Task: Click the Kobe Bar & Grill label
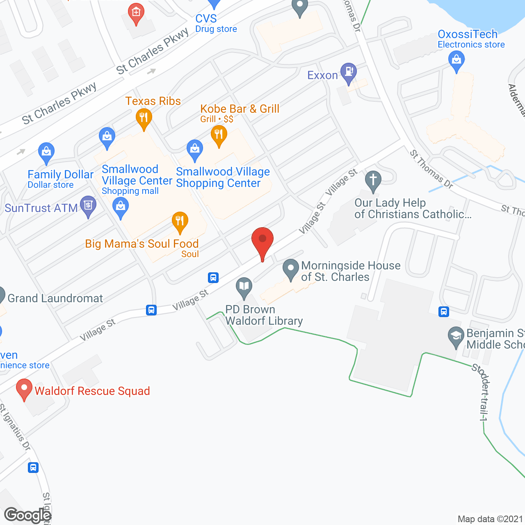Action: (240, 109)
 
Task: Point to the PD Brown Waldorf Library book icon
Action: (244, 287)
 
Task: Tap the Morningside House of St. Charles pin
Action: (291, 269)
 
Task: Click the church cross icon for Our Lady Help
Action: (373, 180)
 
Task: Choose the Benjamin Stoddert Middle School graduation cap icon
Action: (456, 336)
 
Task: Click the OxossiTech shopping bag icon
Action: (457, 62)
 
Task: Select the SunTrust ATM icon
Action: (88, 206)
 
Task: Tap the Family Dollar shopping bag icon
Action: (46, 152)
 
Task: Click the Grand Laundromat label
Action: (55, 298)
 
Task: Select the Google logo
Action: (27, 515)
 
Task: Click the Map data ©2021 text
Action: (490, 519)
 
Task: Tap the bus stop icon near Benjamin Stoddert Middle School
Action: (443, 312)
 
